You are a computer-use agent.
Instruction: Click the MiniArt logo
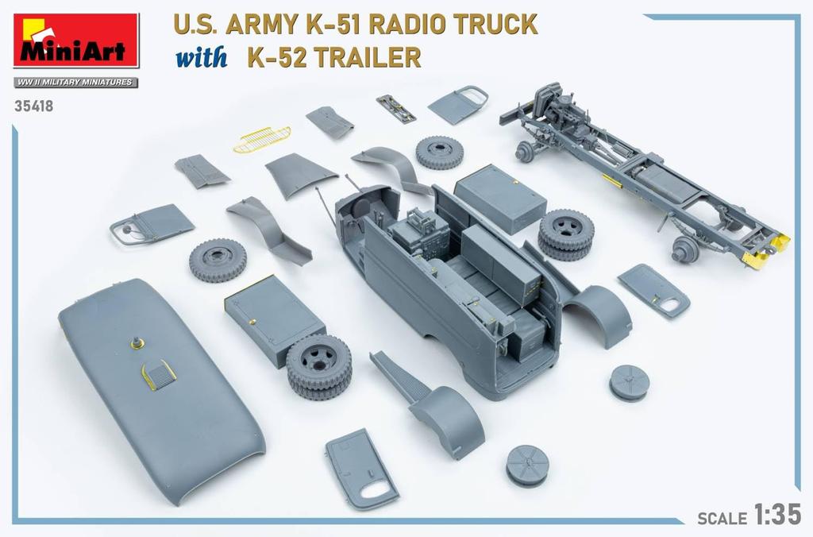pyautogui.click(x=75, y=40)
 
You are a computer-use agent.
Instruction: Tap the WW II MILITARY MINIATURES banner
pyautogui.click(x=75, y=83)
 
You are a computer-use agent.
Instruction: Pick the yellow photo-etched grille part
pyautogui.click(x=262, y=138)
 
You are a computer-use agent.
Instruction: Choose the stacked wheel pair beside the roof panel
pyautogui.click(x=318, y=365)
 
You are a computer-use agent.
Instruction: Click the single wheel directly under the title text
pyautogui.click(x=439, y=152)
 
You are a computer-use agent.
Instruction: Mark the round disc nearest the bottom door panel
pyautogui.click(x=527, y=465)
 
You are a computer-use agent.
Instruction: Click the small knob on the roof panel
pyautogui.click(x=137, y=343)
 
